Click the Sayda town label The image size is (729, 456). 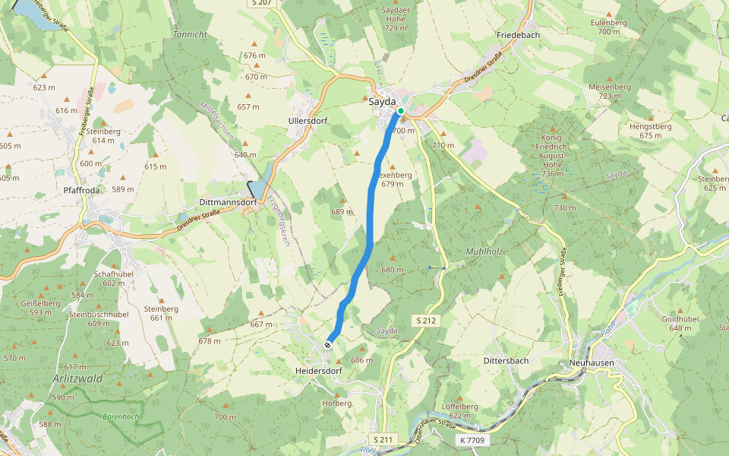(x=382, y=101)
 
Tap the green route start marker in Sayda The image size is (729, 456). (x=401, y=110)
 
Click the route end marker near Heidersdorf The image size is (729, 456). (x=328, y=345)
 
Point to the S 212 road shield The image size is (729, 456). (x=426, y=321)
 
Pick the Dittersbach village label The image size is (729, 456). (x=506, y=360)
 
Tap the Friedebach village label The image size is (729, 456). (x=517, y=36)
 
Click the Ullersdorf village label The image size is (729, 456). (x=308, y=121)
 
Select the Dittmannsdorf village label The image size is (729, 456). (x=227, y=203)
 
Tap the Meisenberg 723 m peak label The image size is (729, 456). (x=610, y=91)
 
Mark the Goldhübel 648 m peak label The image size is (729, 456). (x=680, y=324)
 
